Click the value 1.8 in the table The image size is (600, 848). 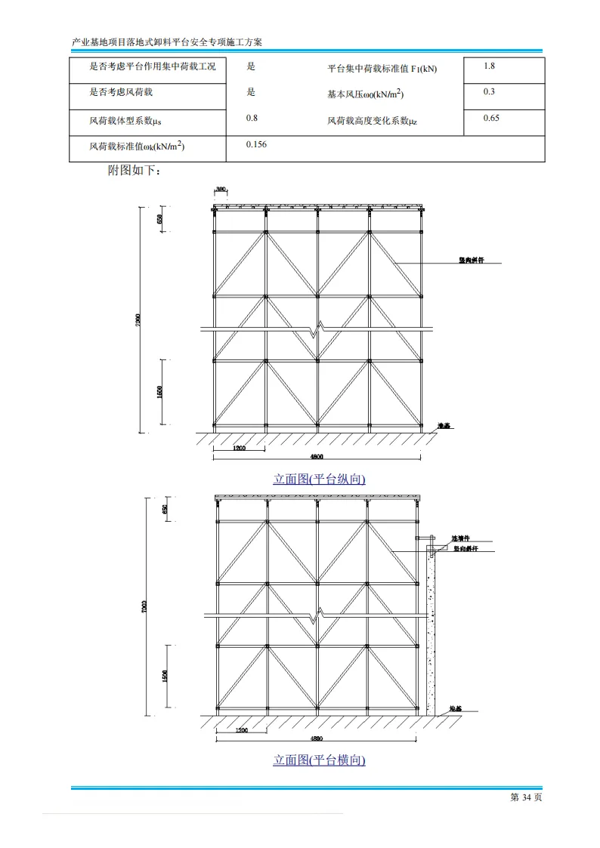pos(489,66)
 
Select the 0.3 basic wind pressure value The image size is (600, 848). pos(489,92)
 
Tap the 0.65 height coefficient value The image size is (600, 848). pos(491,118)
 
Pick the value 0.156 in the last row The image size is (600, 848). pos(257,144)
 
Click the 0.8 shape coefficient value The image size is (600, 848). pos(252,118)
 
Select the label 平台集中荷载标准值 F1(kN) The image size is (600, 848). pos(382,69)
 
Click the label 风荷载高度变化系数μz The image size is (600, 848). pos(372,120)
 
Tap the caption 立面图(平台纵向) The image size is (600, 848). pos(319,479)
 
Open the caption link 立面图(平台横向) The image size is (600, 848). pos(319,760)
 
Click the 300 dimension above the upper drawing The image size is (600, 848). pos(221,189)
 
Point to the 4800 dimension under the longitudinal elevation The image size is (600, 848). pos(317,457)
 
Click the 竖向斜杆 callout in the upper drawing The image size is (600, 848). pos(471,261)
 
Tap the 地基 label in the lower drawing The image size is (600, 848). pos(455,709)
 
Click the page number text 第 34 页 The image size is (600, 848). pos(527,797)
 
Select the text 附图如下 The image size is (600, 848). pos(134,171)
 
